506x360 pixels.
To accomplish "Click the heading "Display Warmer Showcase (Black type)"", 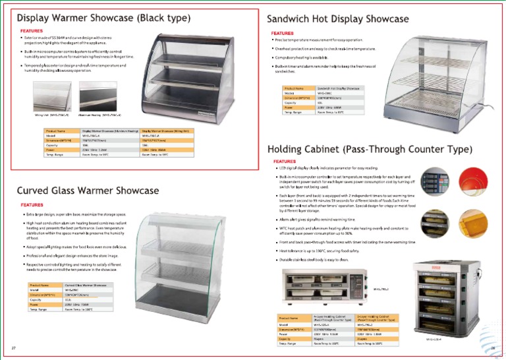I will coord(104,18).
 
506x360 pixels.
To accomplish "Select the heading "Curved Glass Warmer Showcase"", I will coord(88,191).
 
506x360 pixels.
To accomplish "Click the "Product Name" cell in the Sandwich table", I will coord(294,88).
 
